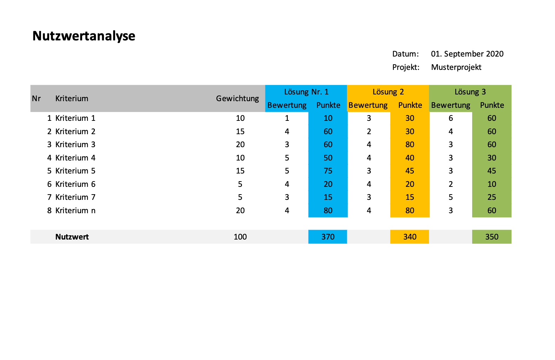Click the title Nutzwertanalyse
point(84,36)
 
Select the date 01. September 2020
point(467,54)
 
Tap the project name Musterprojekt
point(456,67)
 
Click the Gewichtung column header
point(237,98)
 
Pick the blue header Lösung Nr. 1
point(306,92)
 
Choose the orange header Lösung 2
point(388,92)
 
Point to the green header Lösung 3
point(470,92)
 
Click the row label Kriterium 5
point(75,171)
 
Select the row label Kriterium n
point(75,210)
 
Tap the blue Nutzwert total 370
point(328,237)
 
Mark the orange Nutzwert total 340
point(410,237)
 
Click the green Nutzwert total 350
point(491,237)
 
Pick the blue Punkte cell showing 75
point(328,171)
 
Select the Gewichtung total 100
point(240,237)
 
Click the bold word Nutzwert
point(72,237)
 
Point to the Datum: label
point(405,54)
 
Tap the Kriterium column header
point(72,98)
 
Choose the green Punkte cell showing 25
point(491,197)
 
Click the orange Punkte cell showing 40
point(410,158)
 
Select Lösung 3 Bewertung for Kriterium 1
point(451,118)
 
